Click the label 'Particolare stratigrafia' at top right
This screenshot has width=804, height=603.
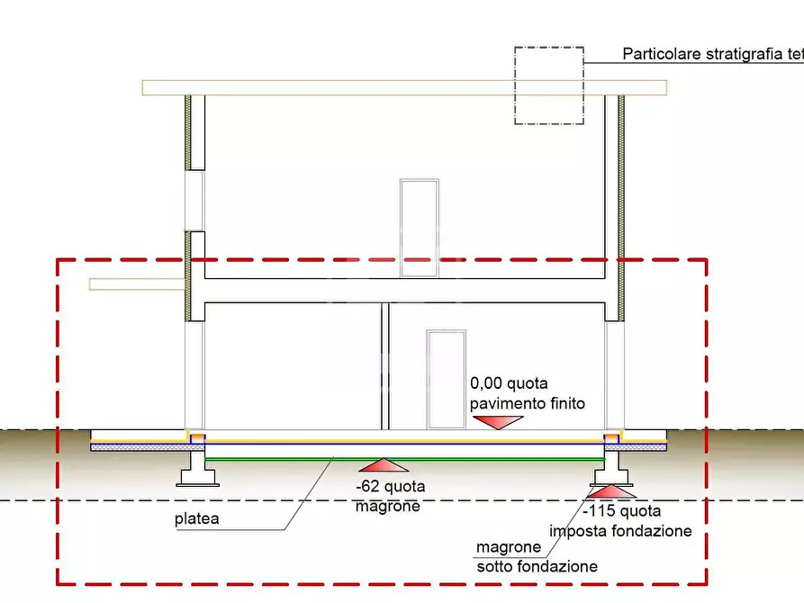coord(711,54)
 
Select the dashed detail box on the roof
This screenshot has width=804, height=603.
coord(548,85)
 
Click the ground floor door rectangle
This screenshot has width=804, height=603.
coord(447,378)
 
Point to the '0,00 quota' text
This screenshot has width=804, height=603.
coord(509,383)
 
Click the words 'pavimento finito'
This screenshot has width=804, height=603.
coord(528,403)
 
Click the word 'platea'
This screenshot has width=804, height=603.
coord(195,519)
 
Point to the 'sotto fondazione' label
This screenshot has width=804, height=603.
coord(537,566)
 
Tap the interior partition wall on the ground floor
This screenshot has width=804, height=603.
coord(386,364)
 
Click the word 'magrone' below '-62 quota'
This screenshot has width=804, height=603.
coord(388,507)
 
